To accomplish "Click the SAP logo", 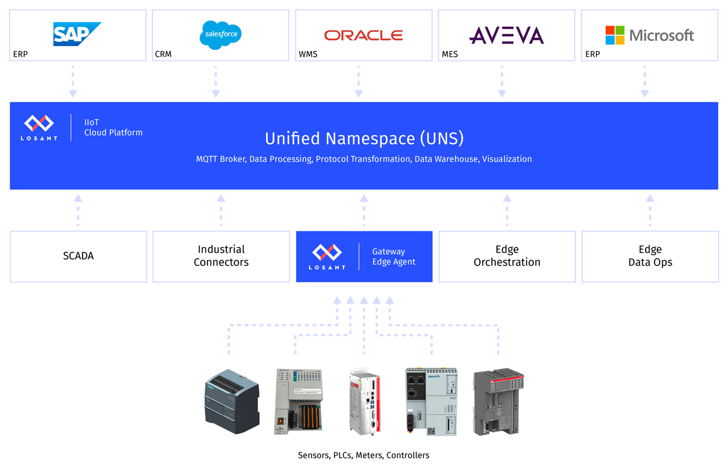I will click(x=77, y=34).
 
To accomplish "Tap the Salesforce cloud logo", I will click(x=221, y=34).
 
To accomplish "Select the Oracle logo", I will click(x=363, y=35).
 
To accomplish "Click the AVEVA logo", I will click(x=506, y=35).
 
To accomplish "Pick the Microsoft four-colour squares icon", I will click(x=615, y=35).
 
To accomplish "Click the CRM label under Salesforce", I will click(x=163, y=55).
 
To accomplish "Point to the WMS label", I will click(x=308, y=55).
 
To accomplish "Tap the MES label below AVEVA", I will click(x=450, y=55).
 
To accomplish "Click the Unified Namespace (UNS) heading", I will click(x=364, y=138).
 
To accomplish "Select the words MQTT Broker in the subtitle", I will click(x=221, y=159).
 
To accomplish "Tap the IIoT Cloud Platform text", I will click(x=113, y=127).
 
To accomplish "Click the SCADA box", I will click(x=78, y=256).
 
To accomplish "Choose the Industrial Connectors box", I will click(x=221, y=256).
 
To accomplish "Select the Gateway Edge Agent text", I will click(x=394, y=256).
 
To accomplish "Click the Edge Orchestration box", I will click(x=507, y=256).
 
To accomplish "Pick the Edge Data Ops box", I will click(x=650, y=256).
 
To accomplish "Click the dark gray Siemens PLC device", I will click(x=231, y=401).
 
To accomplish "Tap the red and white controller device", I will click(x=365, y=402).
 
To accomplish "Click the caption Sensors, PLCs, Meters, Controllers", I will click(x=363, y=455).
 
